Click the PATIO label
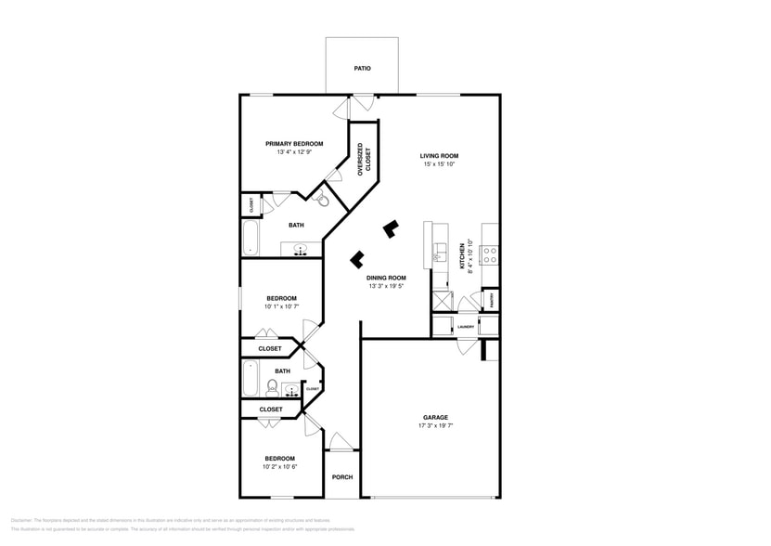(x=362, y=69)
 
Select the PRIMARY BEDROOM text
(x=294, y=144)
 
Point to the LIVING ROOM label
(x=439, y=156)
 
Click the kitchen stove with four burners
(x=490, y=252)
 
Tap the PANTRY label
(x=491, y=300)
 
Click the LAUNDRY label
(x=466, y=327)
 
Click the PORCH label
(x=342, y=477)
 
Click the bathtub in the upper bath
(x=250, y=238)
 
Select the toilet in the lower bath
(x=272, y=386)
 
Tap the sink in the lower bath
(x=291, y=391)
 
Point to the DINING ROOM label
(x=386, y=278)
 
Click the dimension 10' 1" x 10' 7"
(x=280, y=307)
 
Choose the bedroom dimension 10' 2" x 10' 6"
(x=280, y=467)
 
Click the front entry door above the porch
(x=341, y=443)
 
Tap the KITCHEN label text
(x=461, y=257)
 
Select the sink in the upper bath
(x=301, y=248)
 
